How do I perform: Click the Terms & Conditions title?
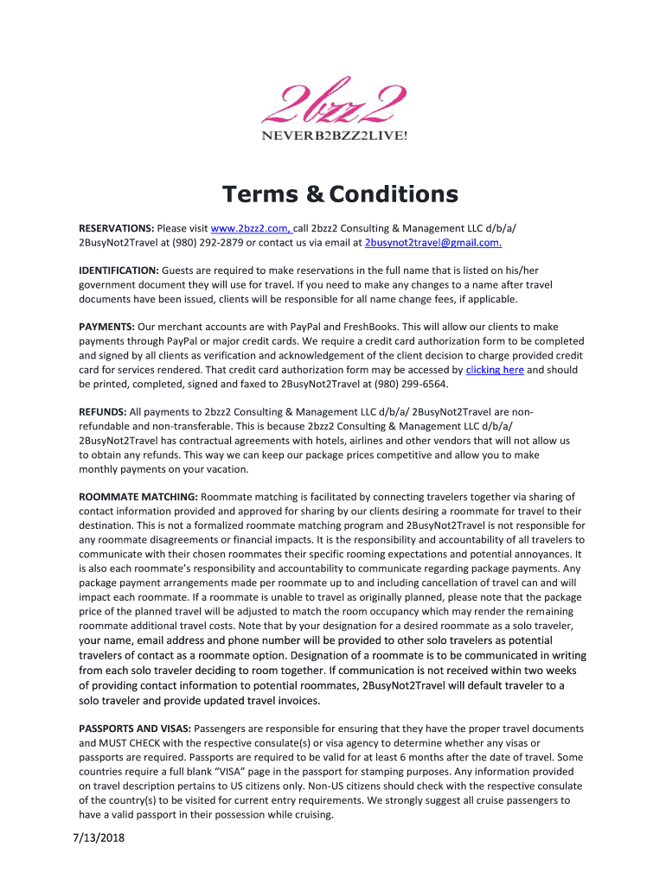[338, 194]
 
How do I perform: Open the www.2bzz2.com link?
[250, 227]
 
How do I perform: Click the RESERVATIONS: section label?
[116, 227]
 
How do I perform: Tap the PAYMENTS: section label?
[106, 326]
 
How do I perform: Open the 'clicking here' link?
[495, 369]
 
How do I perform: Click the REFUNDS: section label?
[103, 412]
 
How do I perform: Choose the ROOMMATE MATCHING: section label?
[138, 497]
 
